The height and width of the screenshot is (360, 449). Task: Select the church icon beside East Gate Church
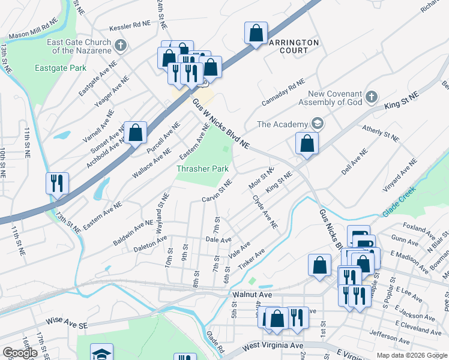[120, 46]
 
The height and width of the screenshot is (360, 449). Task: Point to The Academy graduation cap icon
[318, 124]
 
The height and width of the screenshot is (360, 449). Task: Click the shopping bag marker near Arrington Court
[256, 34]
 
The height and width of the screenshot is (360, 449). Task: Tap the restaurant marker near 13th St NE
[58, 182]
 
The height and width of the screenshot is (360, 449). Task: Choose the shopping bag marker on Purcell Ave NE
[136, 132]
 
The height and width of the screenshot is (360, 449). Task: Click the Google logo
[20, 353]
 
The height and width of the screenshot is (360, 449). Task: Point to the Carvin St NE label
[217, 191]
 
